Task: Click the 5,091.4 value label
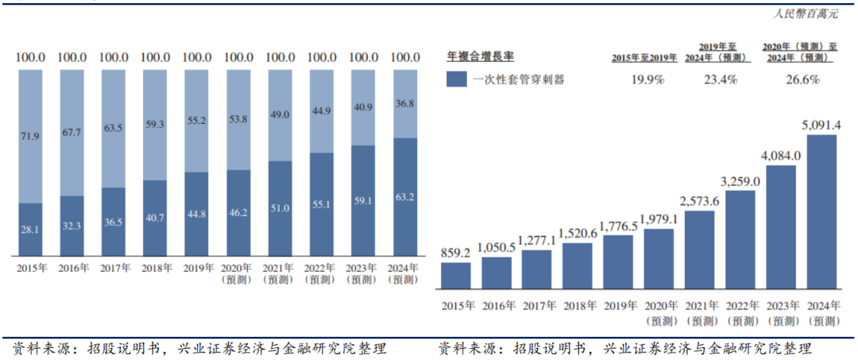point(824,126)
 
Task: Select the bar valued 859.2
point(456,275)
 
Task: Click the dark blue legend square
point(456,79)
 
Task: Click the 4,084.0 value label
point(782,155)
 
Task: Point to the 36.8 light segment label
point(406,103)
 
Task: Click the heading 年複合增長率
point(481,57)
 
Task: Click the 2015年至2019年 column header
point(644,58)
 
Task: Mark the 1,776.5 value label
point(620,226)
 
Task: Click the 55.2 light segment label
point(196,121)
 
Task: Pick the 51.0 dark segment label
point(280,208)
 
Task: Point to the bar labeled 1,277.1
point(538,269)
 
